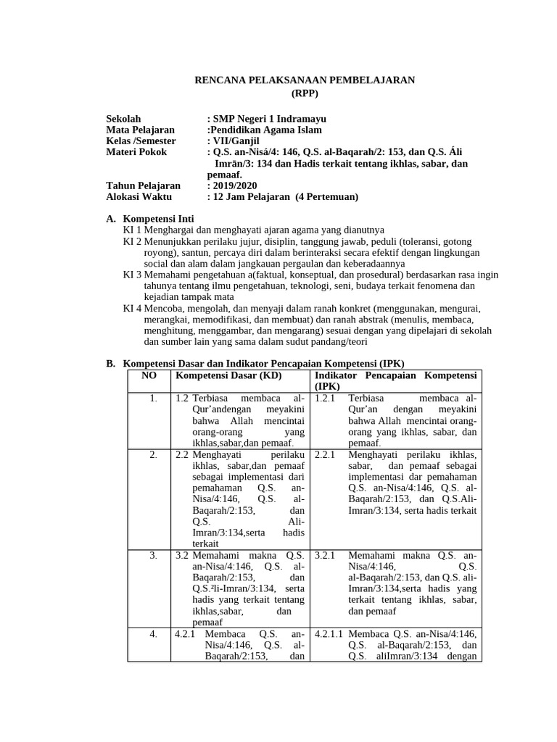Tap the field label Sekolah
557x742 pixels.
click(x=124, y=119)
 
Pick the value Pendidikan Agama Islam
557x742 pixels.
click(x=264, y=130)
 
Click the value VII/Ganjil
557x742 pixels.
click(x=236, y=141)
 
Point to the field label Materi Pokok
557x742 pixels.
click(x=136, y=152)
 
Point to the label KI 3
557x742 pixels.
click(x=132, y=275)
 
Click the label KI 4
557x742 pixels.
click(x=132, y=309)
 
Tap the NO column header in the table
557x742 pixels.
click(x=149, y=375)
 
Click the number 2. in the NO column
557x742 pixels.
click(x=153, y=454)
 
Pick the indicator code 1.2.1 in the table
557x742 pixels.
click(x=325, y=399)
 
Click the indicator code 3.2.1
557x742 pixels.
click(x=325, y=556)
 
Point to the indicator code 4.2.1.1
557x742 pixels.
click(x=329, y=634)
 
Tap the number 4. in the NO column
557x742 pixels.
click(x=153, y=634)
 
